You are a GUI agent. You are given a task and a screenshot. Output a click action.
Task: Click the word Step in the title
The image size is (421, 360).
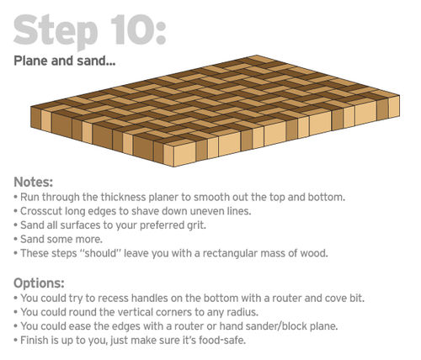tap(56, 32)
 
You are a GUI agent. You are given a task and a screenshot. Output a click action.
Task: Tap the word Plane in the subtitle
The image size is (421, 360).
tap(30, 61)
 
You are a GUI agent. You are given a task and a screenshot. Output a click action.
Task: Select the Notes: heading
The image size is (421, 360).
tap(34, 182)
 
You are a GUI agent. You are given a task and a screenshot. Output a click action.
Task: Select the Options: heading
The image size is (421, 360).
tap(39, 283)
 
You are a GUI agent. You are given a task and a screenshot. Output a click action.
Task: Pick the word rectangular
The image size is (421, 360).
tap(230, 253)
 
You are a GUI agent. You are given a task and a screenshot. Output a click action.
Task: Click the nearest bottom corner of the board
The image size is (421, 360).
tap(173, 167)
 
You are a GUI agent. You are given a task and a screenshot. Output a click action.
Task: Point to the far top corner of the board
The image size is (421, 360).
tap(256, 56)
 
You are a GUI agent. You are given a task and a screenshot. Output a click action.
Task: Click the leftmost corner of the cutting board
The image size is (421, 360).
tap(30, 107)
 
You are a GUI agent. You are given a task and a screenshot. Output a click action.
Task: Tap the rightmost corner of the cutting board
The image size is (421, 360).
tap(400, 96)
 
